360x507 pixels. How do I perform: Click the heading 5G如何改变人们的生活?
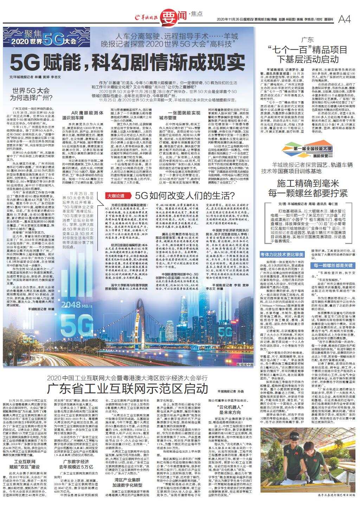point(182,195)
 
